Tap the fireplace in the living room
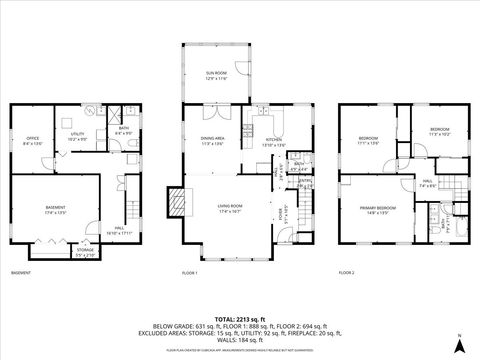click(178, 202)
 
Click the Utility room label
click(77, 137)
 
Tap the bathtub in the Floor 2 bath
click(459, 226)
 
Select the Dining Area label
click(213, 140)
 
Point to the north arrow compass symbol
click(458, 344)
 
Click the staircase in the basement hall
click(130, 212)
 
